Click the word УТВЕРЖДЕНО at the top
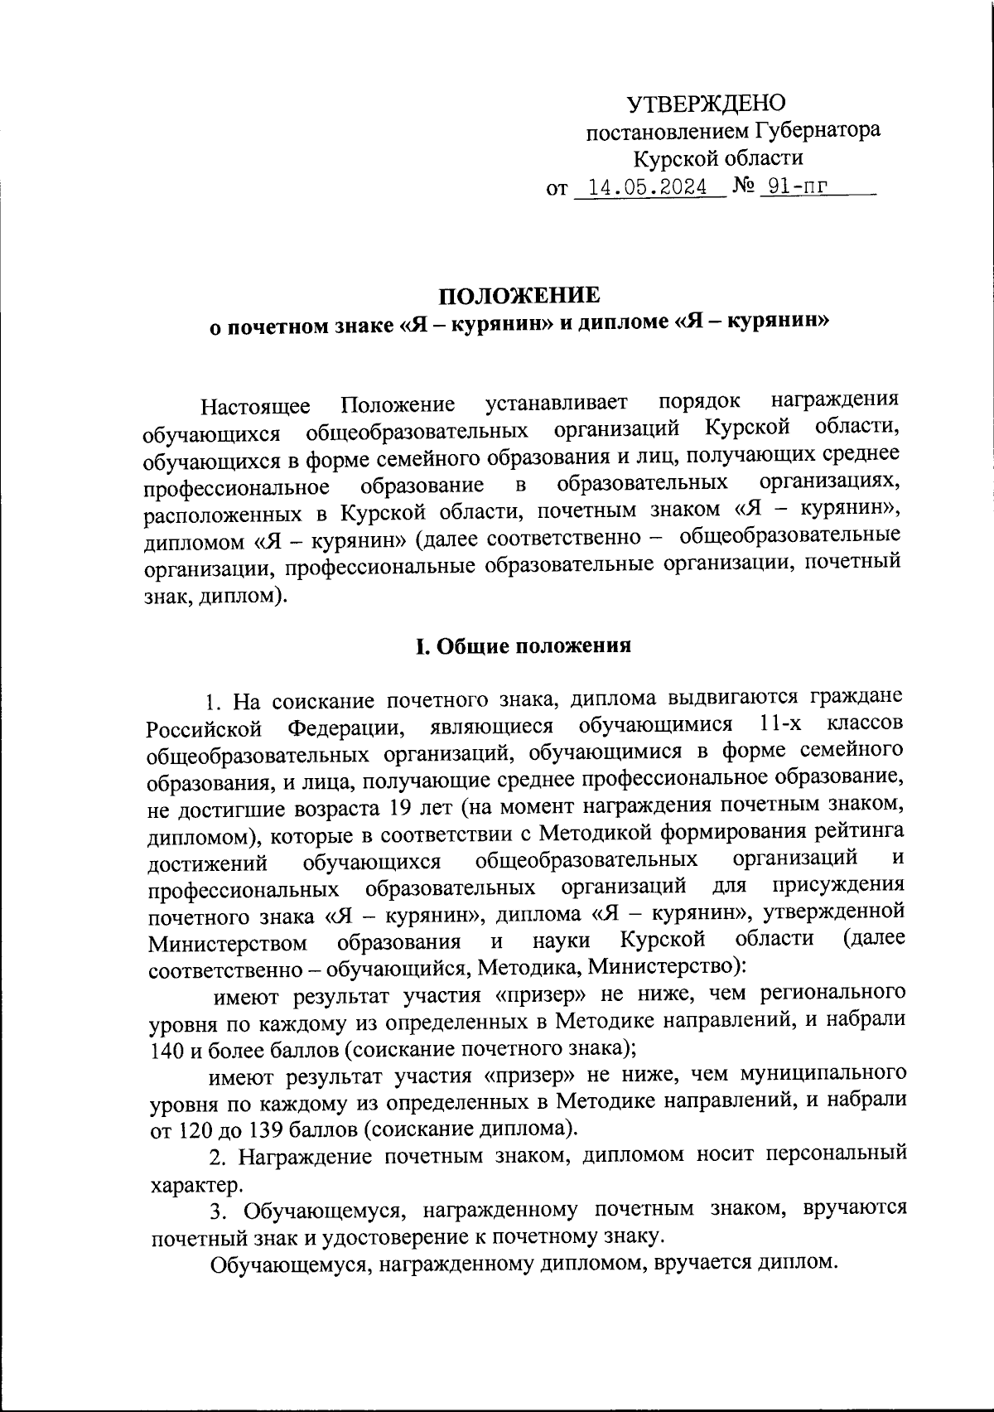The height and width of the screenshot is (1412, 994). coord(705,104)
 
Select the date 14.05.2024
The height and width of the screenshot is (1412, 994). coord(643,186)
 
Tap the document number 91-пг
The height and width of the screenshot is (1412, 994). coord(797,186)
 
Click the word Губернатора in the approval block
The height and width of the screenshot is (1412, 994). coord(818,131)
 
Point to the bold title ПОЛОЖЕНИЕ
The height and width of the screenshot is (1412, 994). coord(518,296)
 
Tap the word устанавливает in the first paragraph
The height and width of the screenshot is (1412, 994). coord(557,404)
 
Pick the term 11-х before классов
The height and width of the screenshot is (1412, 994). coord(781,724)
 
